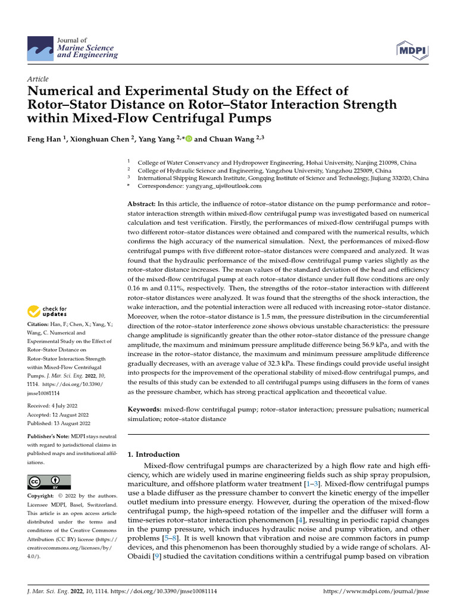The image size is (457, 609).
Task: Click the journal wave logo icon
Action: (x=40, y=47)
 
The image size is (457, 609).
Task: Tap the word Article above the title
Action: (x=38, y=79)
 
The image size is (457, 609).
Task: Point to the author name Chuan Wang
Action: (x=226, y=139)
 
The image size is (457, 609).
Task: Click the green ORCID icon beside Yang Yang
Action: (x=189, y=139)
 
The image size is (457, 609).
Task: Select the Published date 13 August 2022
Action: (x=59, y=423)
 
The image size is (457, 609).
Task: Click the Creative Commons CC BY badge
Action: (x=49, y=481)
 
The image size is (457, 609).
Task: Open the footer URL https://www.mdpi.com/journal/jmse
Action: (x=375, y=592)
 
